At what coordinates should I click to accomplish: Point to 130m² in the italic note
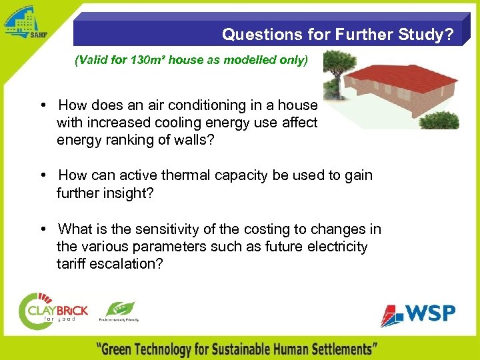click(144, 61)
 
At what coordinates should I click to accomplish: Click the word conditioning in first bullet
click(179, 105)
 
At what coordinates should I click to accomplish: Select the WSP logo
click(418, 314)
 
